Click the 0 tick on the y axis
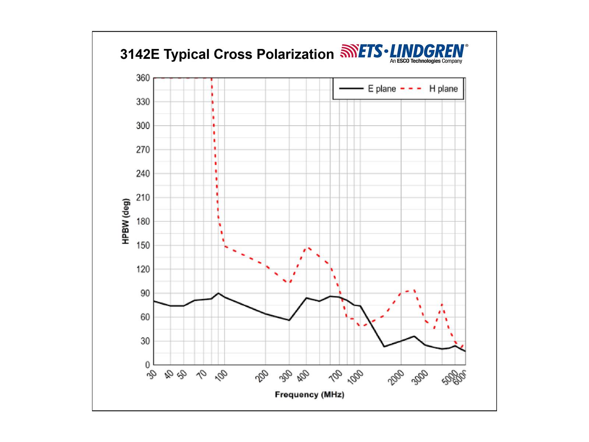point(148,365)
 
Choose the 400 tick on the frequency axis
point(304,376)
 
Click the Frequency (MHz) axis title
point(309,395)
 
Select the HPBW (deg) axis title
point(126,221)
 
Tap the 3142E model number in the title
point(140,54)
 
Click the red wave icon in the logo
point(348,51)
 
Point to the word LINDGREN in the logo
point(427,50)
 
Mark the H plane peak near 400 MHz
point(308,248)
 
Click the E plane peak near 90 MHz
point(219,293)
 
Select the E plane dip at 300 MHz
point(289,320)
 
